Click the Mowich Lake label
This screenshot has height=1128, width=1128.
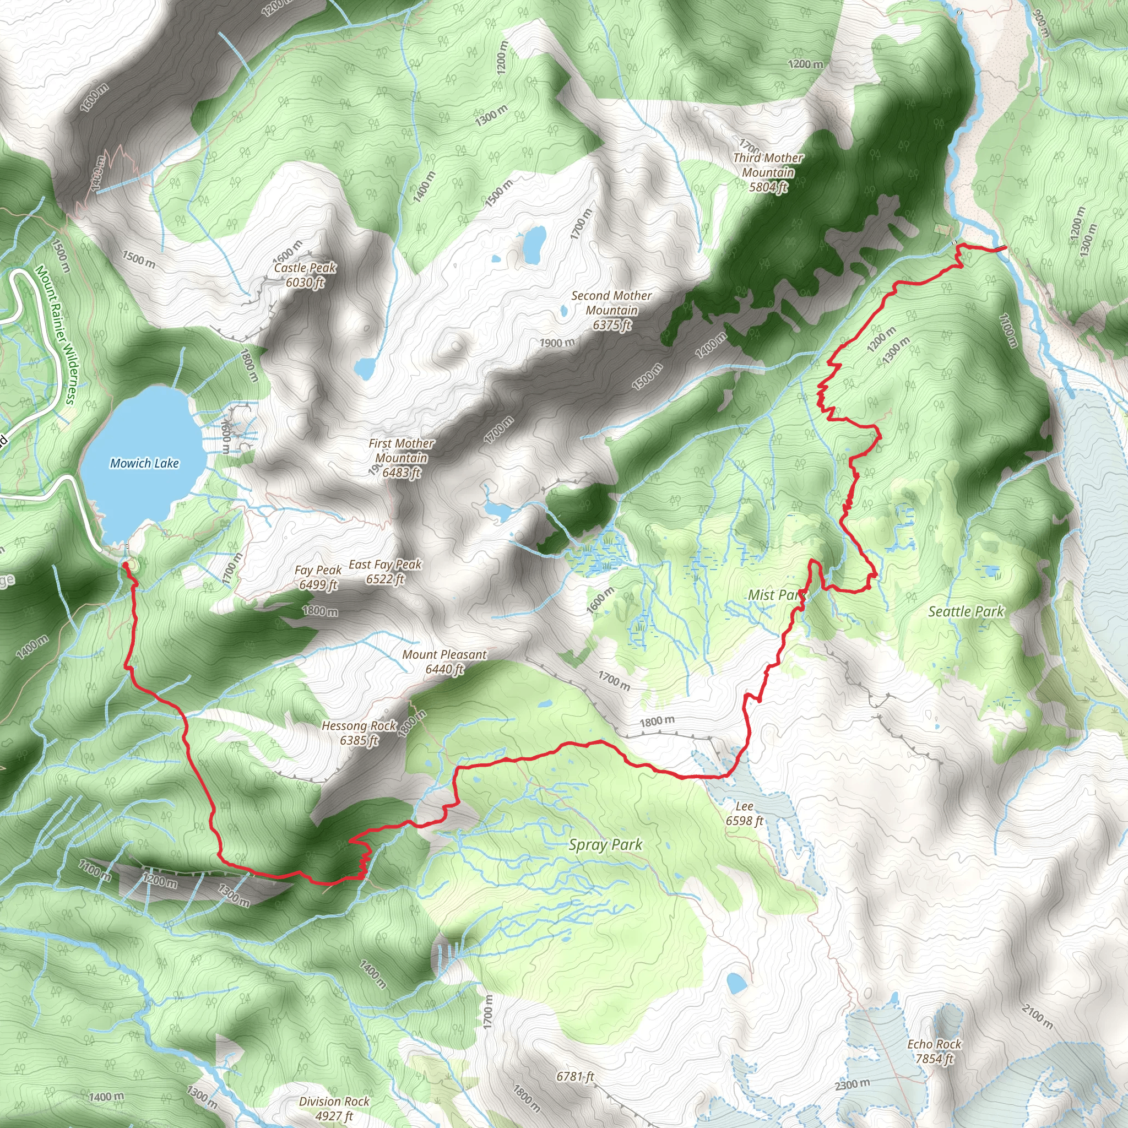144,464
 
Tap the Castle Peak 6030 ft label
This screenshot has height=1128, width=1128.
305,275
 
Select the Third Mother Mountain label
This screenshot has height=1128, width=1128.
768,172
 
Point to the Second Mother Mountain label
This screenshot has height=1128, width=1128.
611,310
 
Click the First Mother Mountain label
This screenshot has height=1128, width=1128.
401,458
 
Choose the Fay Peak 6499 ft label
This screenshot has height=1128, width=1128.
318,577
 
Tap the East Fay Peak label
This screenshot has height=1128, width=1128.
386,572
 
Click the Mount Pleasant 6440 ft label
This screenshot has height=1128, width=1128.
444,661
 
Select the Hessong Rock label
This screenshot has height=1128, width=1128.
359,733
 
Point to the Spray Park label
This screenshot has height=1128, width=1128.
605,845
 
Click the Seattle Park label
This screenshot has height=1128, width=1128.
966,611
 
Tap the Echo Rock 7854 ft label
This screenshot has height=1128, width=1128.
934,1051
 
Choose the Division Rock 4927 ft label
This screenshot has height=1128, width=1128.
334,1108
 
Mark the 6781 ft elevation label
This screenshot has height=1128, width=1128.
575,1076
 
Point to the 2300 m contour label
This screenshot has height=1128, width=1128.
852,1085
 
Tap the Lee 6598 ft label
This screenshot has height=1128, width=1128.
745,814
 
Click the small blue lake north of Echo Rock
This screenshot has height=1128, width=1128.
736,983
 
